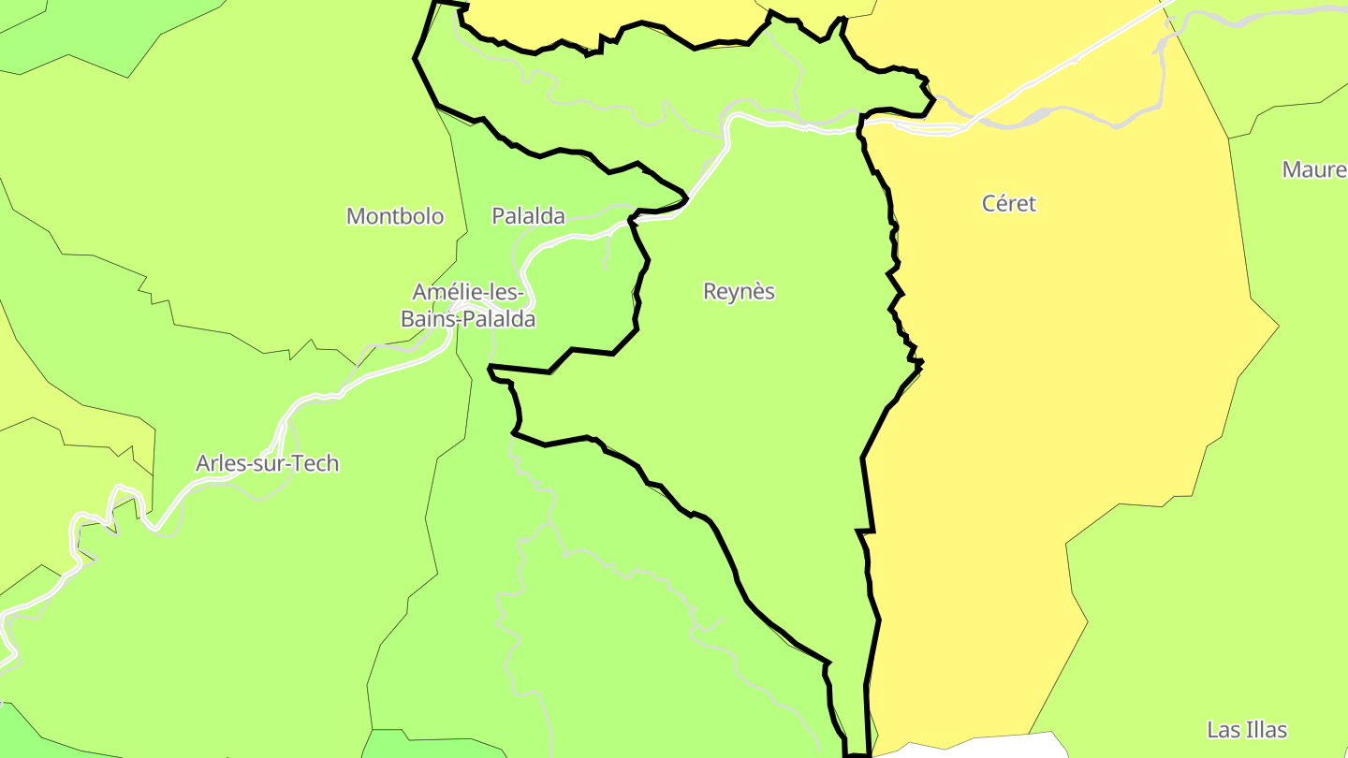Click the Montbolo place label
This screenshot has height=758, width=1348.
[395, 216]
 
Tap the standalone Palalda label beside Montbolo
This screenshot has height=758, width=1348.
[529, 216]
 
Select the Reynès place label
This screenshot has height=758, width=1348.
[740, 291]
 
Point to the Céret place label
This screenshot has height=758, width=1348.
[1009, 203]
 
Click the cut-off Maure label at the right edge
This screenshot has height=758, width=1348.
[1315, 169]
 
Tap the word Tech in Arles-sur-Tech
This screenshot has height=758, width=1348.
[315, 463]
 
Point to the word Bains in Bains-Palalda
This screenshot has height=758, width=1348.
[427, 319]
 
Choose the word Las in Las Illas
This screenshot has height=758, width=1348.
[1223, 730]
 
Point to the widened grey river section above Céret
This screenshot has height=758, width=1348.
[1039, 115]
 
